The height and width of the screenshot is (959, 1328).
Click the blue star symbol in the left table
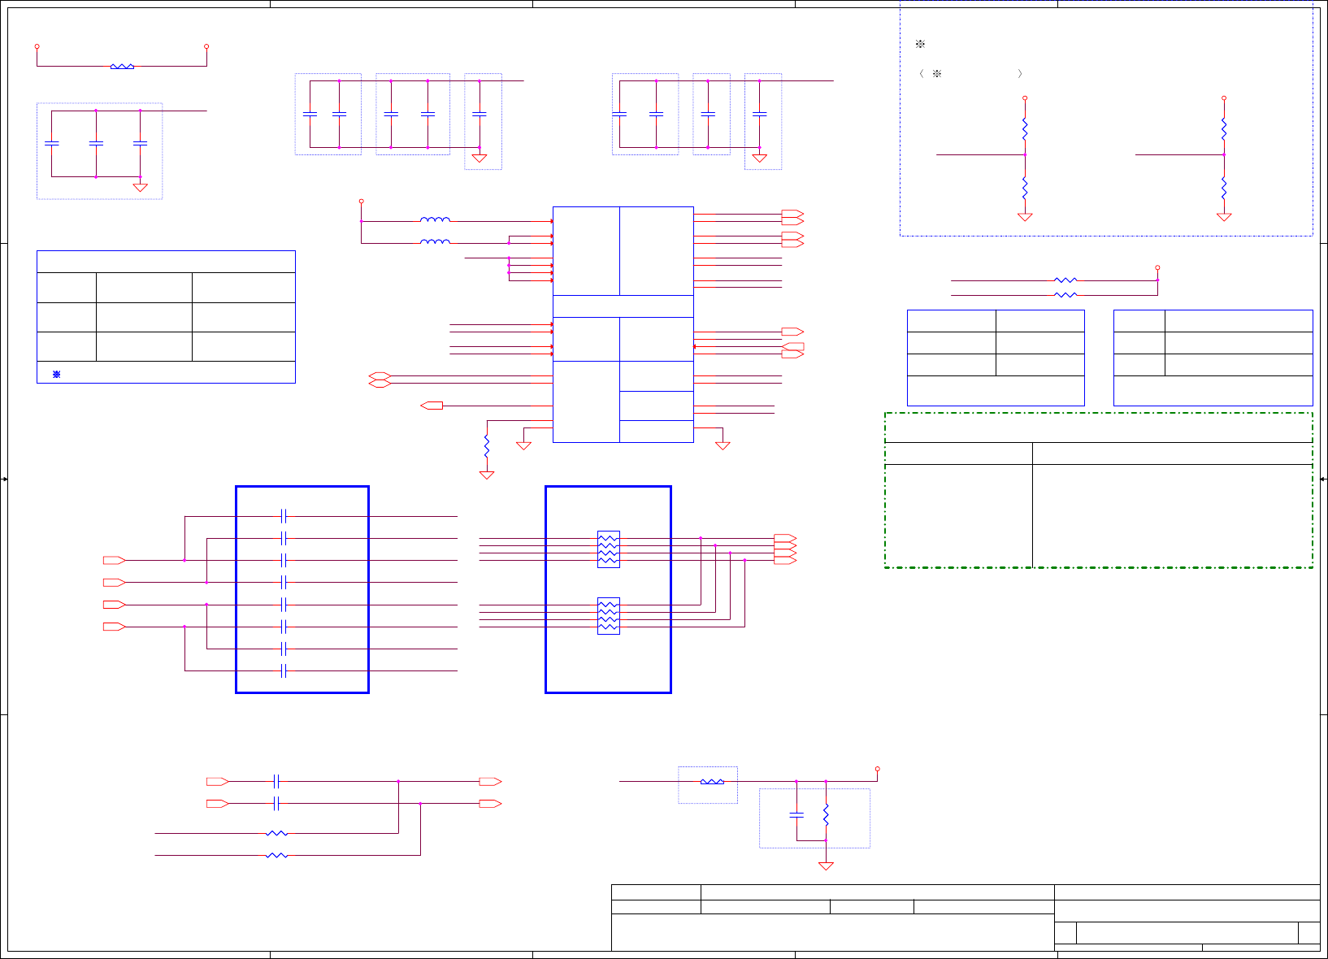click(x=56, y=374)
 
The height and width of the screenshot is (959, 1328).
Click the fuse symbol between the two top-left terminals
click(x=122, y=67)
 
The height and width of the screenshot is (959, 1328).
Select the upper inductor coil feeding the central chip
click(x=435, y=219)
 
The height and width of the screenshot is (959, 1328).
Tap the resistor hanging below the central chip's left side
click(x=487, y=447)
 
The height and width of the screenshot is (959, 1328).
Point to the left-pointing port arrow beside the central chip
click(x=432, y=405)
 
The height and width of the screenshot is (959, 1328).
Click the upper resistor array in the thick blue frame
click(x=608, y=549)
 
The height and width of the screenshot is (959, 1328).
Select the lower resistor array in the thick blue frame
click(x=608, y=616)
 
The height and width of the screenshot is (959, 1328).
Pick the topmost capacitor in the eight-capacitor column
click(x=284, y=516)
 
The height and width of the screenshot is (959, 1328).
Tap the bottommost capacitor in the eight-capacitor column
click(x=284, y=670)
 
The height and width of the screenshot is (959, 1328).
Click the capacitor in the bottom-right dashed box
click(x=796, y=814)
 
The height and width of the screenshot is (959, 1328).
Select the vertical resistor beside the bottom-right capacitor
click(x=826, y=814)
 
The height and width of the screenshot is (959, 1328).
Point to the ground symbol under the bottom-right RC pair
click(x=826, y=866)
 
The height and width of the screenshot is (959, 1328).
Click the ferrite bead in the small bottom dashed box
click(x=712, y=782)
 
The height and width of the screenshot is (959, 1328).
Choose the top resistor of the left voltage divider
click(x=1025, y=129)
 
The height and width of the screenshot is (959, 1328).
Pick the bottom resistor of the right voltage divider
click(x=1224, y=189)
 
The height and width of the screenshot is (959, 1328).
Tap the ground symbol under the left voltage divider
click(x=1025, y=217)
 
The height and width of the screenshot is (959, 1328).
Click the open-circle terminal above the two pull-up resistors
click(x=1157, y=267)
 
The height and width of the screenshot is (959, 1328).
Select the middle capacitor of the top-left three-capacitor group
click(x=96, y=143)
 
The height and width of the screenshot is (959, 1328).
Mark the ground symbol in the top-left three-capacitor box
click(x=140, y=188)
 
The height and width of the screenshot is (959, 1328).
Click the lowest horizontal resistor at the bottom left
click(x=276, y=855)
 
